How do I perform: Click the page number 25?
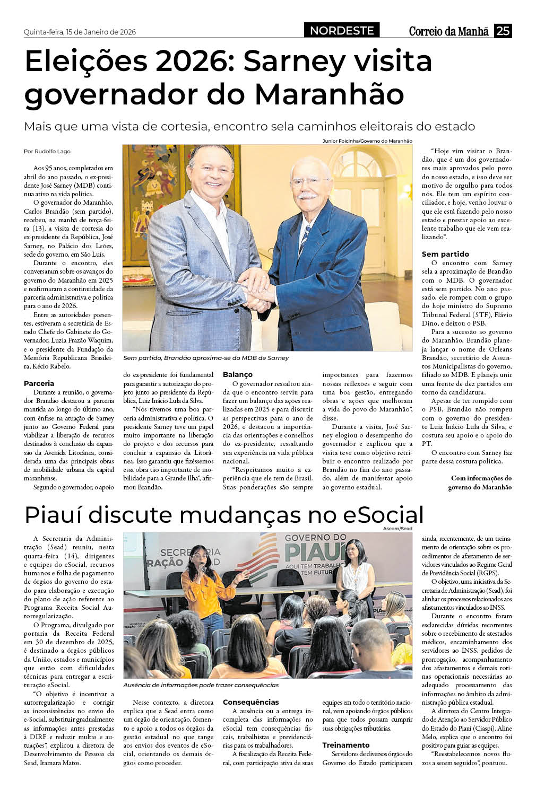click(503, 31)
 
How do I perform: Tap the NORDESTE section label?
click(342, 31)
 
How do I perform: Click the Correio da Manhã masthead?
click(448, 31)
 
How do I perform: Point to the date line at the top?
click(80, 32)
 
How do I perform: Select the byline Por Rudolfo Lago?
click(47, 151)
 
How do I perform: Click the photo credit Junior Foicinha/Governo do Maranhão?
click(367, 141)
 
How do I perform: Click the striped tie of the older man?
click(304, 239)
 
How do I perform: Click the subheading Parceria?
click(39, 383)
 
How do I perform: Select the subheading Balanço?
click(238, 375)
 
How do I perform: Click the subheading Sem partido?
click(445, 254)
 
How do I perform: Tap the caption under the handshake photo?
click(206, 358)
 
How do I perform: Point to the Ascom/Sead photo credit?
click(397, 529)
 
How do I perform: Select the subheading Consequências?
click(250, 702)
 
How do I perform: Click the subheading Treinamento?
click(346, 745)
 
